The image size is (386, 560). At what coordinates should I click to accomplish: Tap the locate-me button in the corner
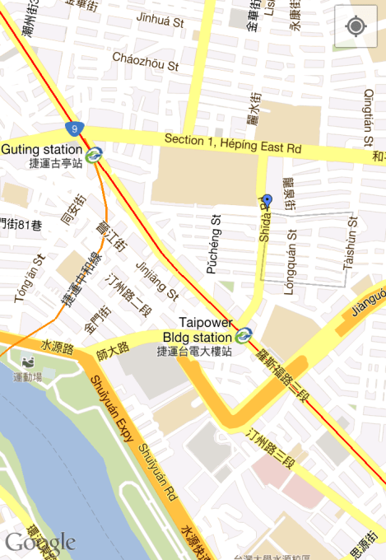[356, 26]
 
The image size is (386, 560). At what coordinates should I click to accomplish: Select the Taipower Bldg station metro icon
[242, 335]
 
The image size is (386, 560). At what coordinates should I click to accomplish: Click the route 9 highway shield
[76, 128]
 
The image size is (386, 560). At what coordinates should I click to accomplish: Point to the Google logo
[40, 542]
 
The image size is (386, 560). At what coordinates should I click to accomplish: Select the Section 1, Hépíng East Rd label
[233, 143]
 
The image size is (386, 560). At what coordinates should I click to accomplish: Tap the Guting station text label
[41, 150]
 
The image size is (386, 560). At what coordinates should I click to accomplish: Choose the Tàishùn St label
[350, 244]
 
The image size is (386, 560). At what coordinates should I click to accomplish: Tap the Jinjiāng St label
[156, 279]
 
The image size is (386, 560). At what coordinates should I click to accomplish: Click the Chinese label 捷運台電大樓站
[194, 351]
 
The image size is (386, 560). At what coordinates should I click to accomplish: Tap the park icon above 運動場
[29, 363]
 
